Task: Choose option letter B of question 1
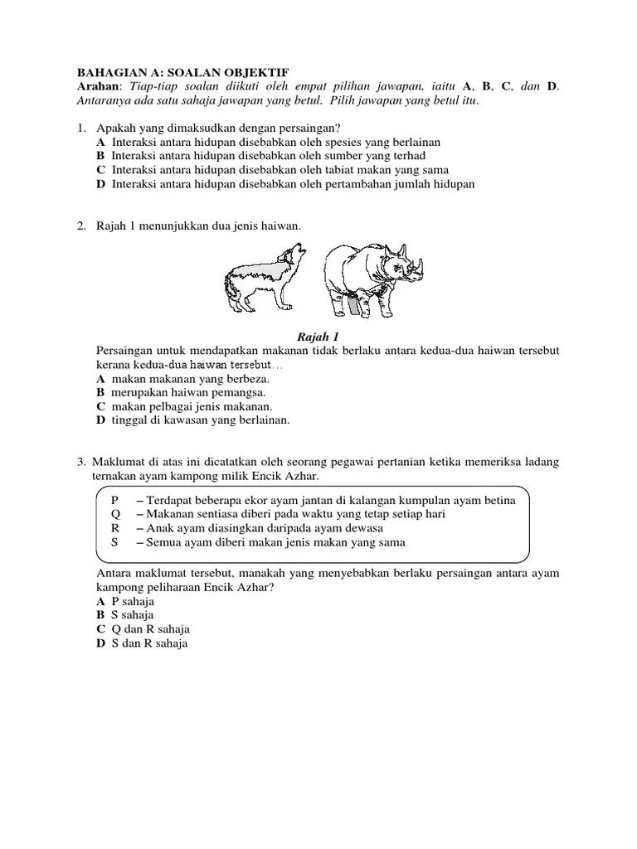[100, 156]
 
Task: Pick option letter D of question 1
[100, 184]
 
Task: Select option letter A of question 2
[100, 378]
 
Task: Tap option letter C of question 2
[100, 406]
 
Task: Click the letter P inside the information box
[114, 500]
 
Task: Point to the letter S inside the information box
[114, 542]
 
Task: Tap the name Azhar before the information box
[299, 477]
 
